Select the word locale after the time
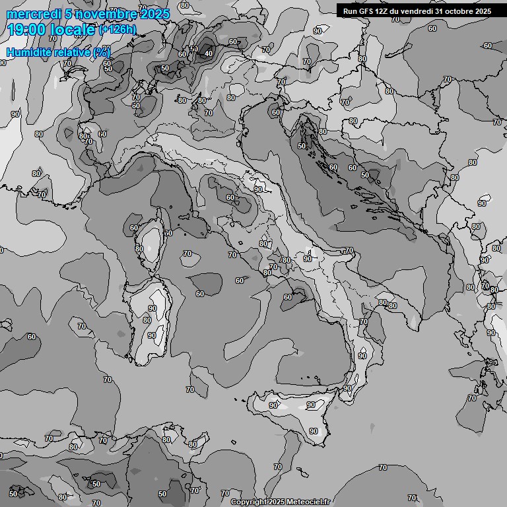[75, 29]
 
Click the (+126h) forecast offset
[118, 29]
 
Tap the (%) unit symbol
[102, 52]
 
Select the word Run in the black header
[350, 11]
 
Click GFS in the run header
[366, 11]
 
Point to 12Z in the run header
[384, 11]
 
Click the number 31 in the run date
[441, 11]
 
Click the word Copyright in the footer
[248, 502]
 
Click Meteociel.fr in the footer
[308, 502]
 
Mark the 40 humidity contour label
[209, 53]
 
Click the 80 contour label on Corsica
[139, 249]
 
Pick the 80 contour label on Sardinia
[147, 320]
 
